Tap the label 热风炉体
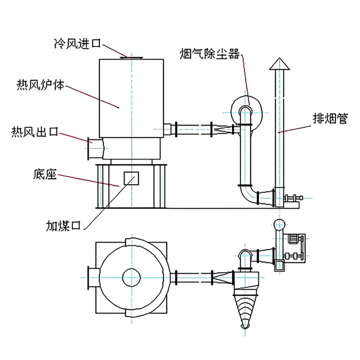[40, 85]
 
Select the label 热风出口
[35, 131]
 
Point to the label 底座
[45, 175]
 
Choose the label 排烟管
[330, 119]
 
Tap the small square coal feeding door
[131, 178]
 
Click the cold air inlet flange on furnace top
[132, 57]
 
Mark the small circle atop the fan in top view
[279, 225]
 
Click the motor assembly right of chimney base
[293, 198]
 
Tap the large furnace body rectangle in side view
[131, 97]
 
